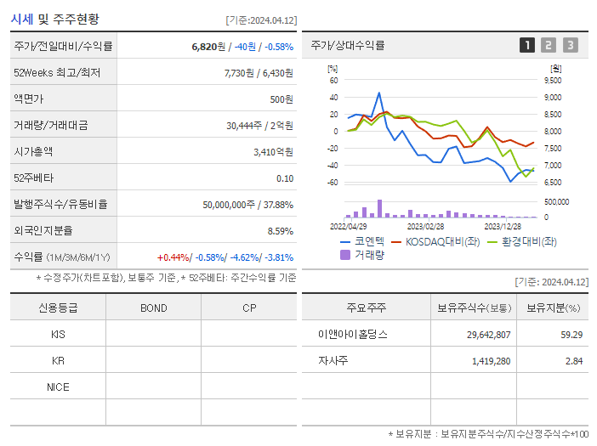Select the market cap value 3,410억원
click(x=274, y=152)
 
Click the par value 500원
click(x=281, y=99)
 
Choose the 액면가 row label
click(x=28, y=99)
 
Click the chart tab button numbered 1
click(x=527, y=45)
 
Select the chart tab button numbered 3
click(x=570, y=45)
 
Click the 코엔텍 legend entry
click(x=362, y=241)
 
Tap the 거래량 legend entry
click(x=362, y=254)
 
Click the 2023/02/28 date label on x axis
click(x=425, y=226)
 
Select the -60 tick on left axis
click(x=333, y=183)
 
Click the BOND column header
click(x=154, y=308)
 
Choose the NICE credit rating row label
click(x=58, y=387)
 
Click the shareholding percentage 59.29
click(x=571, y=334)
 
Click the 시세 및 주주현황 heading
click(x=54, y=19)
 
